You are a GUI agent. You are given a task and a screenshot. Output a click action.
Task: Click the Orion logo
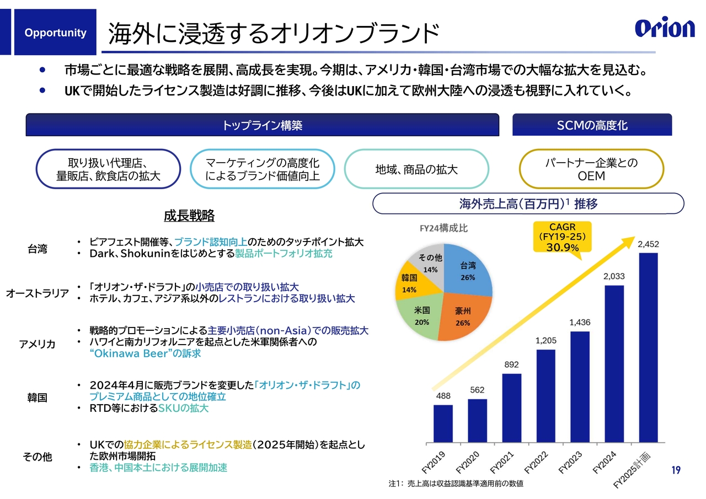click(665, 28)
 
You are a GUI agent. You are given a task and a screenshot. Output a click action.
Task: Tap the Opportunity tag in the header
click(55, 33)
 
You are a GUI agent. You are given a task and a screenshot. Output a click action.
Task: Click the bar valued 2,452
click(648, 347)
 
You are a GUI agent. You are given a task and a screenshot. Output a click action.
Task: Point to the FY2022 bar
click(545, 395)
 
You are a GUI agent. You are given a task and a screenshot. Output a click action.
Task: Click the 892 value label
click(511, 364)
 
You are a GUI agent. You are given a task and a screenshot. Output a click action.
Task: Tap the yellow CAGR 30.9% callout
click(562, 237)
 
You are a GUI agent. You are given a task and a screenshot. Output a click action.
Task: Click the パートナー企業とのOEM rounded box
click(591, 169)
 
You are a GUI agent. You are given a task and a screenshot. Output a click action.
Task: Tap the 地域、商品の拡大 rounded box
click(416, 169)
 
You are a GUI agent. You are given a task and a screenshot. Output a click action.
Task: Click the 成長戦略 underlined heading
click(189, 216)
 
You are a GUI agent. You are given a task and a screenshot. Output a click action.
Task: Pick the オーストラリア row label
click(38, 293)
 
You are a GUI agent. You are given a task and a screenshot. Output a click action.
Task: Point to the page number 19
click(676, 470)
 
